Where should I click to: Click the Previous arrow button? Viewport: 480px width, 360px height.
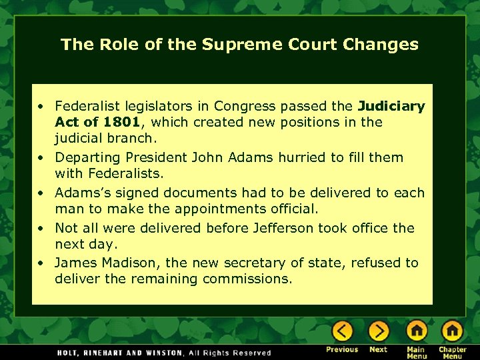343,331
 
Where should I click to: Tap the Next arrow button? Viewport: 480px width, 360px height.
379,331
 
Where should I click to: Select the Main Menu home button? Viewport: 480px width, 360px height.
417,331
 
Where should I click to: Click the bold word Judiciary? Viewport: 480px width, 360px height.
391,105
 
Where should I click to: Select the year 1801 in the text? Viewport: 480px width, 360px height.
121,122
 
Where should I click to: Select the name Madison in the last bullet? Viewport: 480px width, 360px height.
122,263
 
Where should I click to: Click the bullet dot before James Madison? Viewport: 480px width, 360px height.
41,263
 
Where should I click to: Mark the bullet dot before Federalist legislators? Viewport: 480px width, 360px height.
41,105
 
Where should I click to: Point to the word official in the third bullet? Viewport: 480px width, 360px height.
293,209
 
